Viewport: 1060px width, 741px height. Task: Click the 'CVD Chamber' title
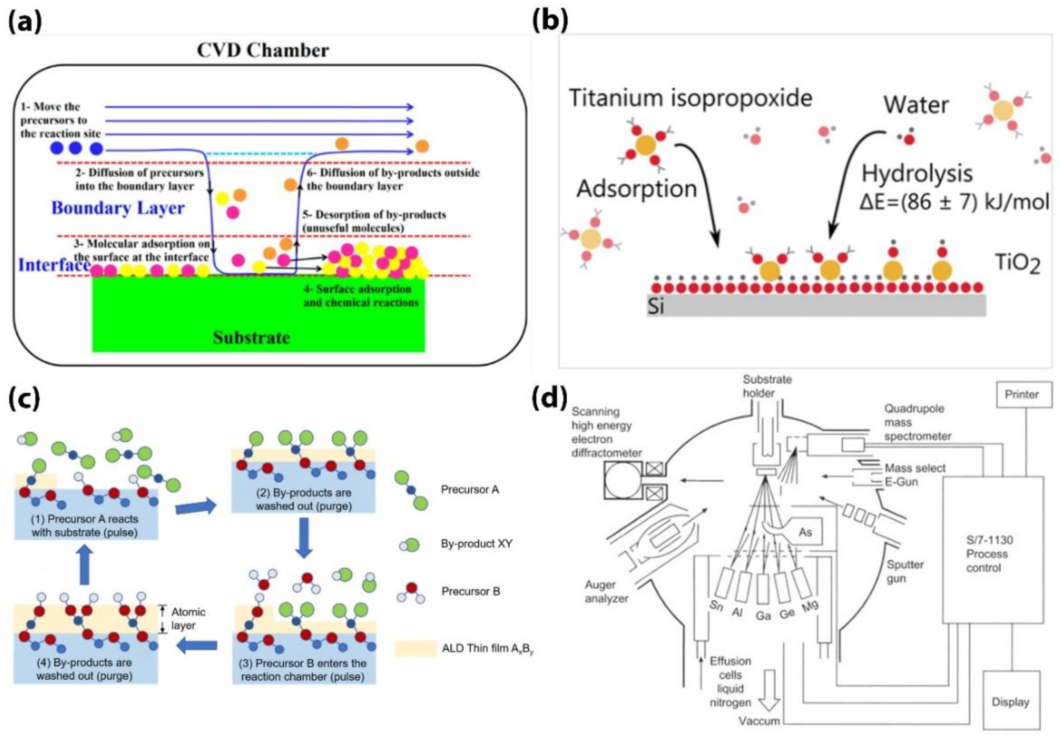click(x=263, y=50)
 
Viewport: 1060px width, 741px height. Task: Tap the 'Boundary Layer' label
click(x=118, y=208)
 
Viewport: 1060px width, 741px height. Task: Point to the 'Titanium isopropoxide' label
click(x=690, y=98)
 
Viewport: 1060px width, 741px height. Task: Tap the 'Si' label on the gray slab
click(x=656, y=306)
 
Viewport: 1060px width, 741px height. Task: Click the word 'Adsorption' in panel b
click(x=637, y=189)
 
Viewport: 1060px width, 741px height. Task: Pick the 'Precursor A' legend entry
click(x=470, y=490)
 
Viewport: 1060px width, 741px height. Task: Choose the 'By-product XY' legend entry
click(x=477, y=544)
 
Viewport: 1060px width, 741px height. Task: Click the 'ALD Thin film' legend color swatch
click(x=415, y=648)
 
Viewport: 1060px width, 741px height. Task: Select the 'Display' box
click(x=1010, y=702)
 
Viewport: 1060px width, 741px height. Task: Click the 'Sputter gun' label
click(x=905, y=571)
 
